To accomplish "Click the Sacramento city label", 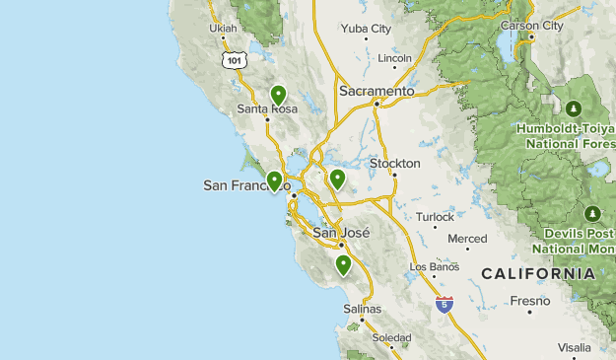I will point(376,91).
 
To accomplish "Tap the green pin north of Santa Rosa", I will point(278,95).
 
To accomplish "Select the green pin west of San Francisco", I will point(274,180).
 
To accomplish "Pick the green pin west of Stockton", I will point(337,179).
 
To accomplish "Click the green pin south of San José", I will point(343,264).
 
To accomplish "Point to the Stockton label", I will point(394,163).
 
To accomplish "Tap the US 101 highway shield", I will point(233,61).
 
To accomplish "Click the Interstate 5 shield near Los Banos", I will point(445,304).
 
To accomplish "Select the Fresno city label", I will point(529,300).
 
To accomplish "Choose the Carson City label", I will point(532,26).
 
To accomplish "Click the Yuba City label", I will point(366,29).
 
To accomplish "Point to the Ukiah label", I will point(224,29).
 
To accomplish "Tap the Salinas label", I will point(362,309).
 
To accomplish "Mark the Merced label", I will point(467,239).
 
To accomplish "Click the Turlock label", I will point(435,217).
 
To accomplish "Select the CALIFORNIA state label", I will point(538,273).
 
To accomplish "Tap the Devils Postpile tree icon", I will point(592,213).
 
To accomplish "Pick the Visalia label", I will point(574,347).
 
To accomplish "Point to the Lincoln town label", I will point(394,58).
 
